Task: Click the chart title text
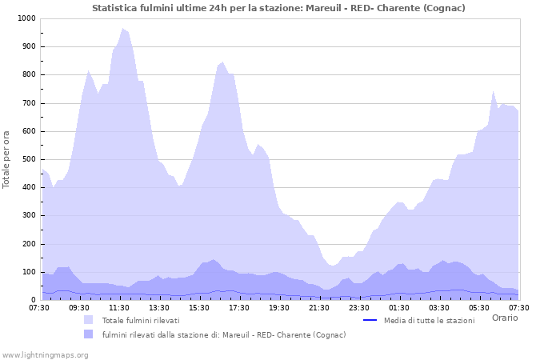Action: [x=278, y=8]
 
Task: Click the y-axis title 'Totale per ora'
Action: [x=7, y=159]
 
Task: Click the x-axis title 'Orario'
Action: [x=504, y=318]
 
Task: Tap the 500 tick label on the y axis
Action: [x=29, y=159]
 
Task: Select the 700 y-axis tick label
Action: [x=29, y=103]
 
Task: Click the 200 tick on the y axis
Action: [x=29, y=244]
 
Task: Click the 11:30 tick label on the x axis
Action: [x=119, y=308]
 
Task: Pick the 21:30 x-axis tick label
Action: [x=319, y=308]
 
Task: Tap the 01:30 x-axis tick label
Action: [x=399, y=308]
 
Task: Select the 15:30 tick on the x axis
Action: [x=199, y=308]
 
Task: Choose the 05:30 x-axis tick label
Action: [x=479, y=308]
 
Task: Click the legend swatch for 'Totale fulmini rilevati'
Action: [x=89, y=320]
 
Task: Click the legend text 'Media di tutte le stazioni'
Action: [x=429, y=320]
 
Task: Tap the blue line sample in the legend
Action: [x=370, y=320]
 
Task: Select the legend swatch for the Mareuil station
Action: [x=89, y=334]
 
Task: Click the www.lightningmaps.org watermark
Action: [x=45, y=354]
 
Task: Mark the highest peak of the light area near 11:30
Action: [x=123, y=29]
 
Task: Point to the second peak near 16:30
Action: [x=222, y=62]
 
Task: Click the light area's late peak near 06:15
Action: [x=494, y=91]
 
